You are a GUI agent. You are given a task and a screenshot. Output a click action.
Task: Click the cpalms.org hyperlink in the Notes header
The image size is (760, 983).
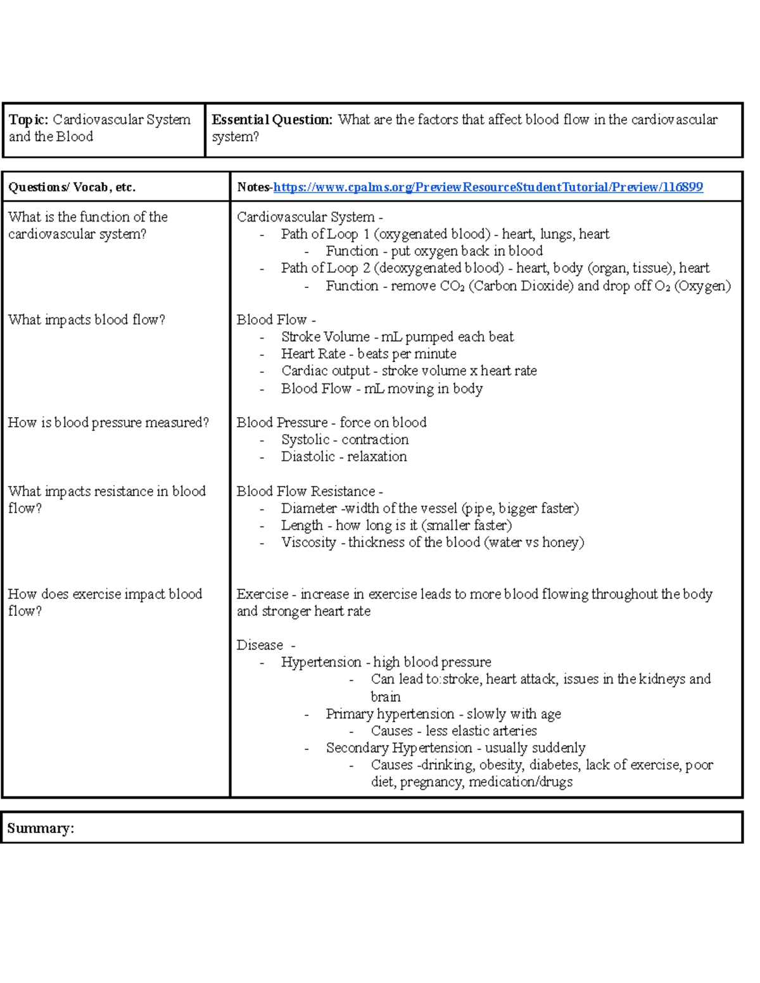[x=488, y=187]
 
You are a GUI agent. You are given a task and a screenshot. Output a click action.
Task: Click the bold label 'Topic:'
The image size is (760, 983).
[x=28, y=120]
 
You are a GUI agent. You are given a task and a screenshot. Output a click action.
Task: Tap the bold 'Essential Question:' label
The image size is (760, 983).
[x=272, y=120]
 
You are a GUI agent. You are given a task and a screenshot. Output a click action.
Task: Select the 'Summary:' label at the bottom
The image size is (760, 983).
[x=41, y=828]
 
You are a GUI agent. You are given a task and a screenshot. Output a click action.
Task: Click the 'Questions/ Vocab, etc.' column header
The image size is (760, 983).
[x=72, y=187]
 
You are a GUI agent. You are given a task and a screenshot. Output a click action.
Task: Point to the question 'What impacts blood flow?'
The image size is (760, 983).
[x=87, y=320]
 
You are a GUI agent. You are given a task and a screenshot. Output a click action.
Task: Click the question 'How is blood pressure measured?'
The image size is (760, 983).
[x=108, y=422]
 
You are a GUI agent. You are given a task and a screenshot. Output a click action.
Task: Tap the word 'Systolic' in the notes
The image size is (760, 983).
[x=305, y=439]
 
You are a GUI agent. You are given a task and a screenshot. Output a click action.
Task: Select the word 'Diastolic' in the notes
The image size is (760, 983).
[x=308, y=456]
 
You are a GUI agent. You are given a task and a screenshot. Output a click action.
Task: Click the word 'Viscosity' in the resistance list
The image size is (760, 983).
[x=308, y=542]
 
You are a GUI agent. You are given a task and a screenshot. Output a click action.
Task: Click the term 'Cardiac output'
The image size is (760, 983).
[x=325, y=371]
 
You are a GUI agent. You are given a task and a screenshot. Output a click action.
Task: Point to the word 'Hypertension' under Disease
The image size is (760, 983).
[x=321, y=662]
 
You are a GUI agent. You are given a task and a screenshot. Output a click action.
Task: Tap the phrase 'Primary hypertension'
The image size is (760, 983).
[x=389, y=714]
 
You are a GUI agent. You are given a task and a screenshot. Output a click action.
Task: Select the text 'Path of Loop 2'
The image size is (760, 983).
[x=326, y=268]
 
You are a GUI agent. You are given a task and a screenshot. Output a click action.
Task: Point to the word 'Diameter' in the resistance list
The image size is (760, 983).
[x=309, y=508]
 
